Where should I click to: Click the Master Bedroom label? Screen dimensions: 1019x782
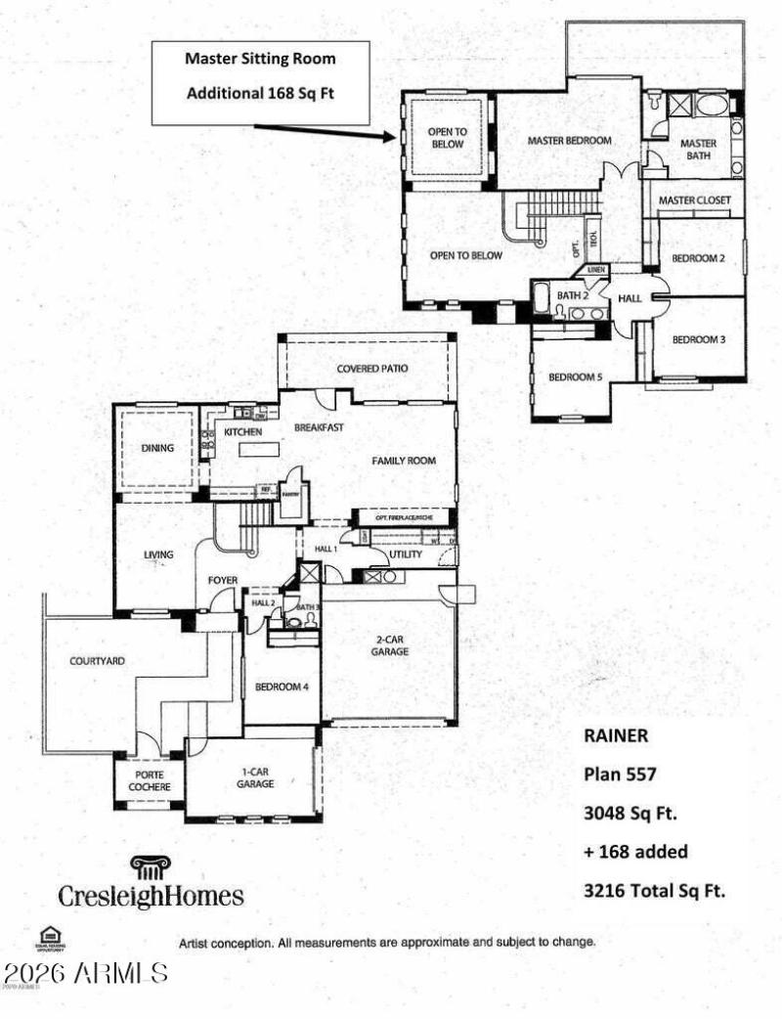[x=570, y=141]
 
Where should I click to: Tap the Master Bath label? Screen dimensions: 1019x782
[x=698, y=150]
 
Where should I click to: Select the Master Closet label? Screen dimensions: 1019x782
[x=694, y=200]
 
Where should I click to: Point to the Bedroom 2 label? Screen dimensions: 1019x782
[x=698, y=259]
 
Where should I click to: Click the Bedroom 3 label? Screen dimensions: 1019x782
[x=698, y=340]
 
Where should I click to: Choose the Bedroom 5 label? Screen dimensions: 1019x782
[x=574, y=377]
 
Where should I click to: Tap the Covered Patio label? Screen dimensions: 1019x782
[x=371, y=369]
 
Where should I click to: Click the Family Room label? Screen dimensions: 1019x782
[x=403, y=461]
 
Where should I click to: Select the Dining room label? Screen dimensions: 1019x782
[x=156, y=449]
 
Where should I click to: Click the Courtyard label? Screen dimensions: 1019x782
[x=97, y=661]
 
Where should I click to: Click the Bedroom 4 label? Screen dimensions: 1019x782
[x=282, y=687]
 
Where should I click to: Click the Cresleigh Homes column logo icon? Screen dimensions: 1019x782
[x=150, y=867]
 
